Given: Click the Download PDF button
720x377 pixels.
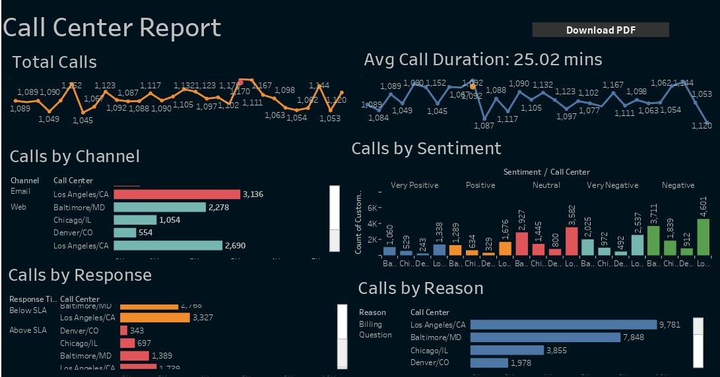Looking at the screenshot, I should point(600,30).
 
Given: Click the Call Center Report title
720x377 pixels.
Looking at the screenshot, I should point(112,28).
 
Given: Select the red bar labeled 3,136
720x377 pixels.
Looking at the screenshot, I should point(177,194).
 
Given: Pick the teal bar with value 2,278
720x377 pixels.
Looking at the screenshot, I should point(160,207).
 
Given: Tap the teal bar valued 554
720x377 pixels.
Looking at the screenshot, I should point(125,233).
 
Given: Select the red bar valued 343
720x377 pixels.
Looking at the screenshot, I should point(123,330).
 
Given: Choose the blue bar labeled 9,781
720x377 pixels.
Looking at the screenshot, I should point(563,324).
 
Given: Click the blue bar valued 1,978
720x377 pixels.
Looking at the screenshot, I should point(488,362).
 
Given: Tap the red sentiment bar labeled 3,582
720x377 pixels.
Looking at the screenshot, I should point(572,241).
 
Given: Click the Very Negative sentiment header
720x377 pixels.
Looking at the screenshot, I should point(612,185).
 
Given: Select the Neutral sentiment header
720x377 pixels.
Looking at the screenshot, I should point(546,185).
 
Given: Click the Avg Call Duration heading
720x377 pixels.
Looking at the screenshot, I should point(482,60).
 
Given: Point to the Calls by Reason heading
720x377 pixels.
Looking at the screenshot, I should point(420,288).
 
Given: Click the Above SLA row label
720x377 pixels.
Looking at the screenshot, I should point(28,330).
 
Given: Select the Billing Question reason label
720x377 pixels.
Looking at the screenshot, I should point(375,330).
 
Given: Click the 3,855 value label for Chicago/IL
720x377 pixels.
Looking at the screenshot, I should point(556,351).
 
